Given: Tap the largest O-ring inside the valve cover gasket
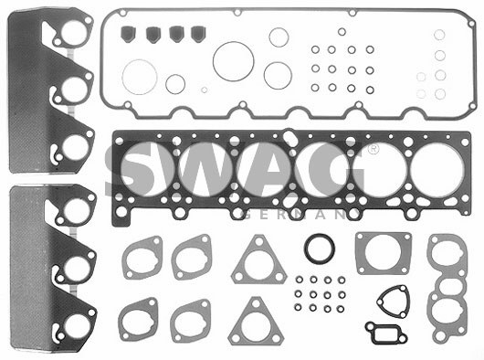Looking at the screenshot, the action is click(234, 61).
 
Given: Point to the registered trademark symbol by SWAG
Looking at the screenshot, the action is click(374, 150).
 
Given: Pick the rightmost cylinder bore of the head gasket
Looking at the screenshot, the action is click(437, 170).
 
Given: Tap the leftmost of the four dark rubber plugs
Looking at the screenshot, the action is click(128, 34).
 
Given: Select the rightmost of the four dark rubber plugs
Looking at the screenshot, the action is click(198, 34).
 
